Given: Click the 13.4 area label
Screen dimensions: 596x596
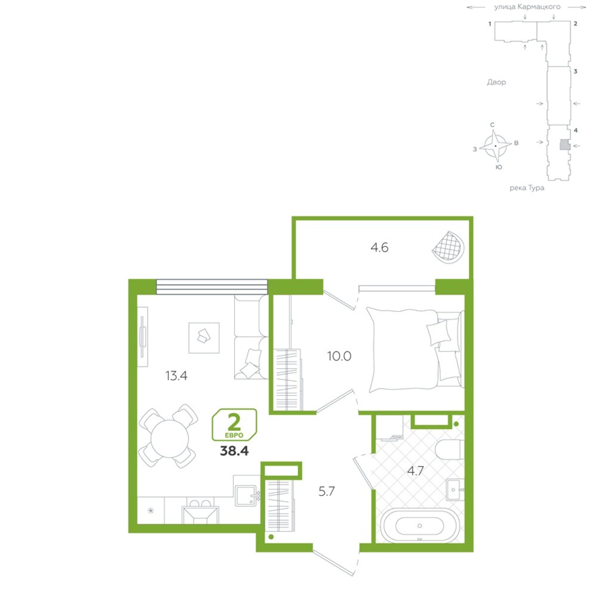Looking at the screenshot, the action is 176,376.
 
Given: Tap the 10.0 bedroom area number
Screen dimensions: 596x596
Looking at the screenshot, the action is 339,356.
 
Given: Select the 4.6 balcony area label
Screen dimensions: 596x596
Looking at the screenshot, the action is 379,247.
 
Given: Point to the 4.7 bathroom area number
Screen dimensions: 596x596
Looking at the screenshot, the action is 415,471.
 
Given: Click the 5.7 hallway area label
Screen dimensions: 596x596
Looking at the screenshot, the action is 327,491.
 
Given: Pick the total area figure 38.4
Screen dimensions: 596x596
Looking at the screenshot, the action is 234,451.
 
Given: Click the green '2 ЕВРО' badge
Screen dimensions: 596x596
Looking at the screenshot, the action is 234,424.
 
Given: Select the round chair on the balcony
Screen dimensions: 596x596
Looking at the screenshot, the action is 448,247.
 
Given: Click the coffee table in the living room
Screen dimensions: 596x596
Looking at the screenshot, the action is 204,338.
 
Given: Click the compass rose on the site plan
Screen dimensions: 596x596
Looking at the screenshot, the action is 496,146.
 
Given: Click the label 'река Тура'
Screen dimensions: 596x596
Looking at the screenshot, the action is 527,187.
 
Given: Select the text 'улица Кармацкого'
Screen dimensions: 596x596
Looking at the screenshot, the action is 527,7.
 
